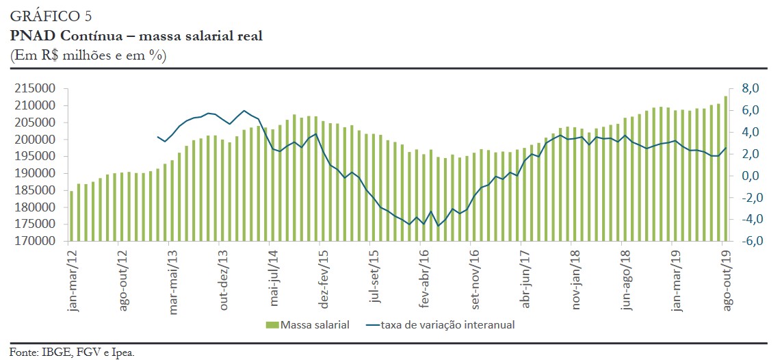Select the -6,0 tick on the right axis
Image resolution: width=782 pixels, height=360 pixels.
(x=749, y=242)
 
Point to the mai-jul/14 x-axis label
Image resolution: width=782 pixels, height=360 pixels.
(x=274, y=281)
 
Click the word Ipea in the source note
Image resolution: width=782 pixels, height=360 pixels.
(x=123, y=352)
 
